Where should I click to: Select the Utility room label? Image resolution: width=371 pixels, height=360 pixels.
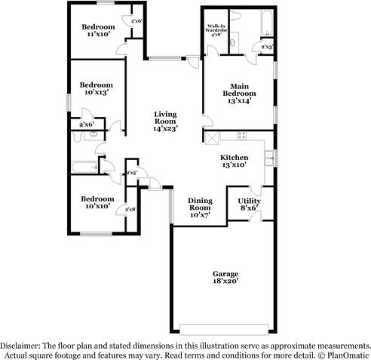[x=250, y=201]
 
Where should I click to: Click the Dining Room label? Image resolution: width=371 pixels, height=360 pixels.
[x=200, y=204]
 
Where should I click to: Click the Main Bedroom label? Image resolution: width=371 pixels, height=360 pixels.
[x=238, y=90]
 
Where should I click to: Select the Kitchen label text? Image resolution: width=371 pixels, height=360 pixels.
[x=234, y=157]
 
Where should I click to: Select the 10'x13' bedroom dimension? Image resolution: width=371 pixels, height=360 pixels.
[x=97, y=93]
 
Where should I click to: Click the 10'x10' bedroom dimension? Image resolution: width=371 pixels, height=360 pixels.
[x=97, y=205]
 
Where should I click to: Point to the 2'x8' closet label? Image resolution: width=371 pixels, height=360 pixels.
[x=131, y=209]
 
